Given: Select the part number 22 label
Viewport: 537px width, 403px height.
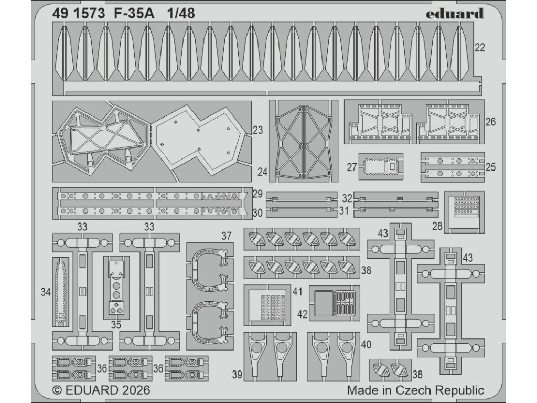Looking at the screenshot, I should pos(479,48).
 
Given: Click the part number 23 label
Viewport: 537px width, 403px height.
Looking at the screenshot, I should pos(257,130).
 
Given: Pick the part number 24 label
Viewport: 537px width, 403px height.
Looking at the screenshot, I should pos(263,171).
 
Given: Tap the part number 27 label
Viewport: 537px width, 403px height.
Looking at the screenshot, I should pos(351,168).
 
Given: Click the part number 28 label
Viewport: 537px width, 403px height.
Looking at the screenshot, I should pos(438,227).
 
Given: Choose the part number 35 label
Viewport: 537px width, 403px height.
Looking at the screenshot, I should pos(116,324).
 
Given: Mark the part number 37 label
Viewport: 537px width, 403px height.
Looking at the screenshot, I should pos(226,236).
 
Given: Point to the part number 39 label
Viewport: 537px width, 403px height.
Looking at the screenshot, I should pos(237,374).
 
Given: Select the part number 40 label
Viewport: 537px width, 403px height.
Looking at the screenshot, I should pos(366,345).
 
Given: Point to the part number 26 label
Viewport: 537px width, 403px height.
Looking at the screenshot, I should pos(490,122).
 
